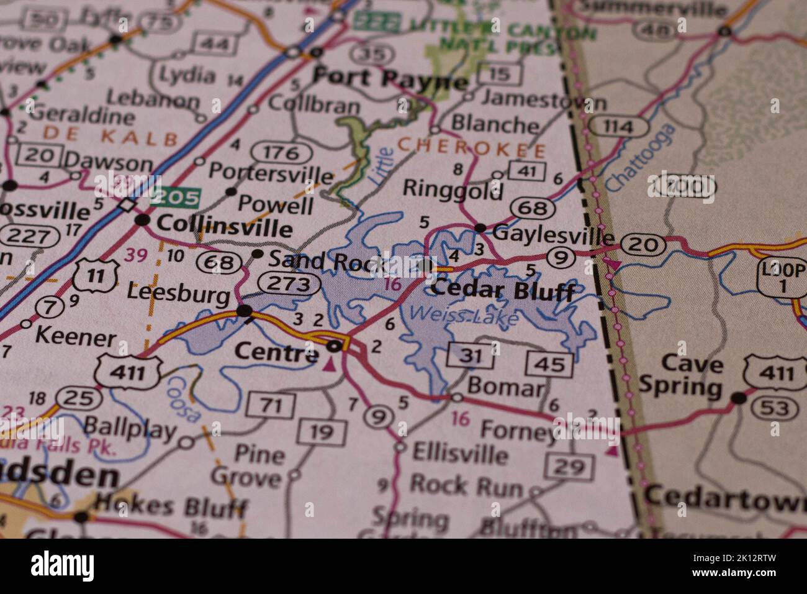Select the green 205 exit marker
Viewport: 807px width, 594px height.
[x=176, y=198]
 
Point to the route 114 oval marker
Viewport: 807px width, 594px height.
[x=618, y=127]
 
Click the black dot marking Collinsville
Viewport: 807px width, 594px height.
[x=143, y=220]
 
